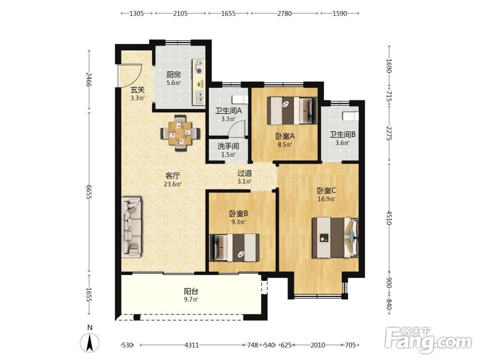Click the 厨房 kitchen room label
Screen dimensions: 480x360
[173, 74]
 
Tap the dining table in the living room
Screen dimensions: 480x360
[180, 133]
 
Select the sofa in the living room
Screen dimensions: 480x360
[132, 227]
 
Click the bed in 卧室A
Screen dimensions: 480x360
[292, 110]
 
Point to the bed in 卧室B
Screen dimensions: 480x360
[234, 247]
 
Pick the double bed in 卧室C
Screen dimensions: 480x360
[335, 238]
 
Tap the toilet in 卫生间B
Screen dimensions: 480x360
[350, 116]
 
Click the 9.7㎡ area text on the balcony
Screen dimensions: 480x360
[191, 300]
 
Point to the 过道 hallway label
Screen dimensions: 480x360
[245, 173]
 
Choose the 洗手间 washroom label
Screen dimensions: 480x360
[228, 146]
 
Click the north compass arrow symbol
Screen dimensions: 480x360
[90, 343]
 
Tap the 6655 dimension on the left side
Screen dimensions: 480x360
[88, 192]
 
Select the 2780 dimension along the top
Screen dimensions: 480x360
[284, 13]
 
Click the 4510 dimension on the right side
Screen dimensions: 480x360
[389, 217]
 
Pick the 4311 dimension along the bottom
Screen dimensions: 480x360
[192, 345]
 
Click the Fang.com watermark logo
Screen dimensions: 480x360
[428, 339]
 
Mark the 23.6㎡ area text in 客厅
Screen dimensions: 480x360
[173, 184]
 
